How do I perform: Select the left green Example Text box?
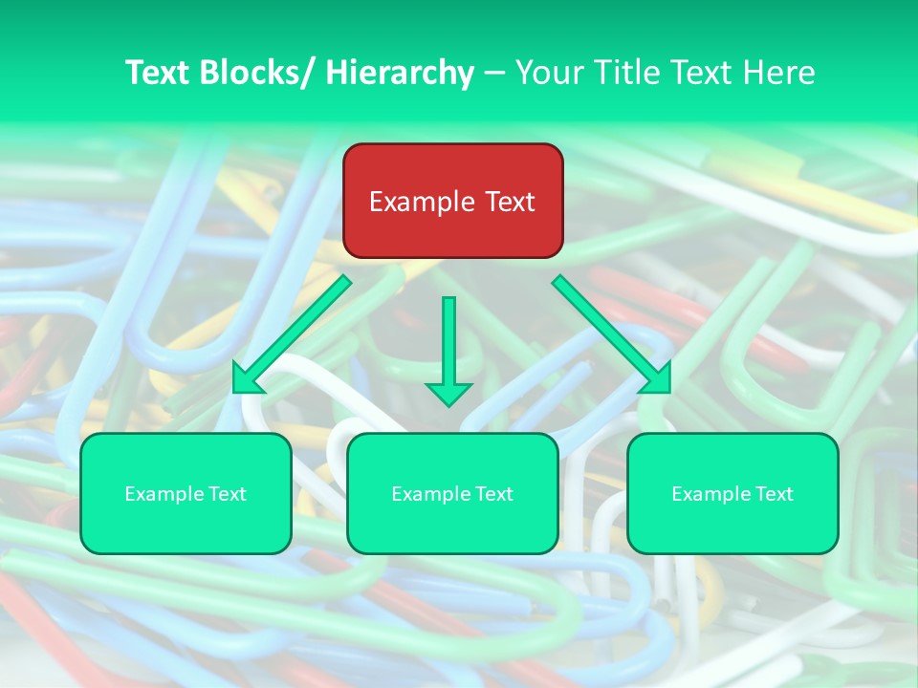[186, 493]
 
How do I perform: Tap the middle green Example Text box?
[452, 493]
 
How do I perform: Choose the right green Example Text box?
[732, 493]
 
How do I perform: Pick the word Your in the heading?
[548, 73]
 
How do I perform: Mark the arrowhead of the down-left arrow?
[246, 379]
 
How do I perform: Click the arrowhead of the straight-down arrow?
[448, 393]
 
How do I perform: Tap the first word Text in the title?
[159, 73]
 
